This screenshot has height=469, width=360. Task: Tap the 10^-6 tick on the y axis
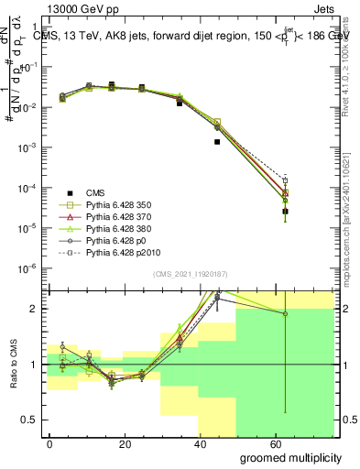29,268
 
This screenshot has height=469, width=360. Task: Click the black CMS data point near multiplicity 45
217,142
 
